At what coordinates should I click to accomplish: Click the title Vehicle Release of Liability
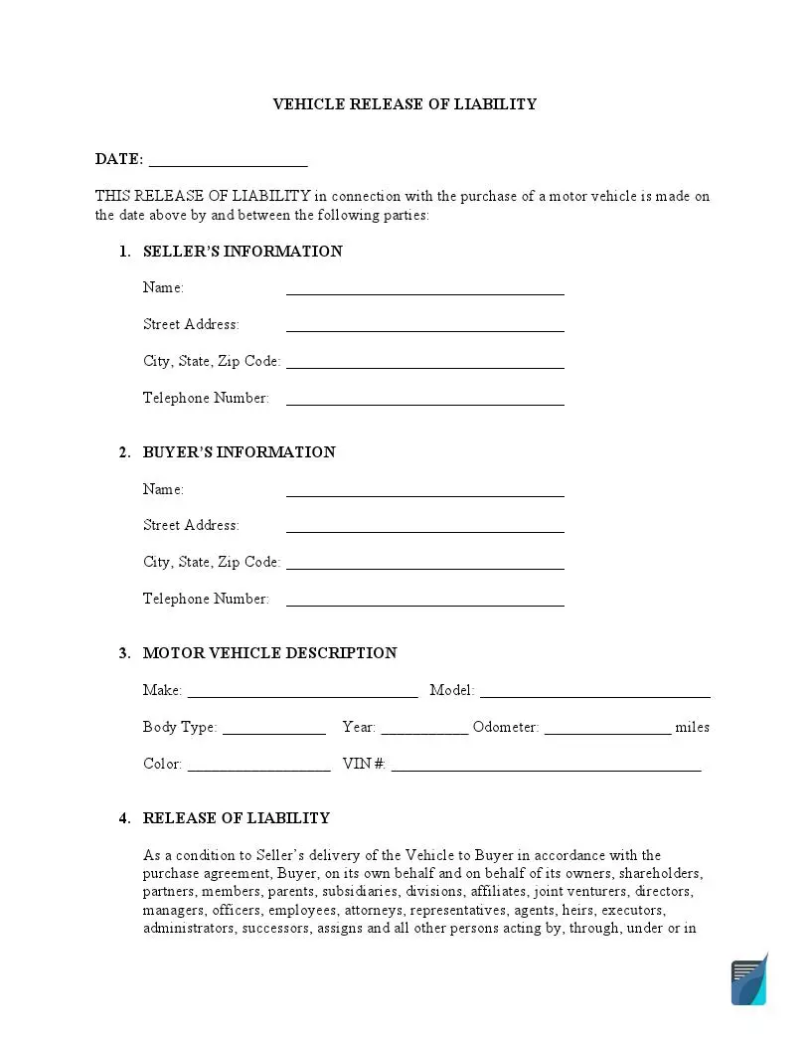[x=405, y=104]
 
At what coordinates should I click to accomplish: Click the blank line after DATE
[x=228, y=163]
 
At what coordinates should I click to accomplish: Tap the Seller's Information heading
[x=243, y=252]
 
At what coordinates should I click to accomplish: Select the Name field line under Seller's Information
[x=424, y=291]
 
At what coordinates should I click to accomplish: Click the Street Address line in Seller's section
[x=424, y=328]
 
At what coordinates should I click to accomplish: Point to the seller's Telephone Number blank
[x=424, y=402]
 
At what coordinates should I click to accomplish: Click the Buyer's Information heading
[x=239, y=452]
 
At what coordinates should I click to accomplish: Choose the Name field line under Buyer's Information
[x=424, y=493]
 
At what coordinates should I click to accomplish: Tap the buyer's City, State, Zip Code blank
[x=424, y=566]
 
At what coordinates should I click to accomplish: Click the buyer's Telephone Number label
[x=206, y=599]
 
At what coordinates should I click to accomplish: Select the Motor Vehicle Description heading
[x=269, y=653]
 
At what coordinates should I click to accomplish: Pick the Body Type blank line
[x=274, y=732]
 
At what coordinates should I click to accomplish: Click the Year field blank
[x=424, y=732]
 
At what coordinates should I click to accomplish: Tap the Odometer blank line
[x=607, y=732]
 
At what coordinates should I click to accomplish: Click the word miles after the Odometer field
[x=692, y=728]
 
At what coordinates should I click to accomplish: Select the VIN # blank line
[x=546, y=769]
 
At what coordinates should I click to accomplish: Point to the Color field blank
[x=258, y=769]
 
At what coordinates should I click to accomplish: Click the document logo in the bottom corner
[x=749, y=979]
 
